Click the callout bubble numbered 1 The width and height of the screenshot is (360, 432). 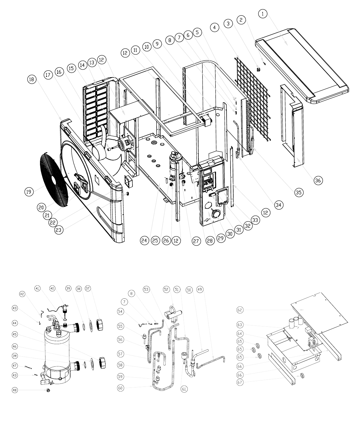263,14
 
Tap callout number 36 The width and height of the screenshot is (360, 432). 318,180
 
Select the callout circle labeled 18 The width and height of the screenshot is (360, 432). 32,79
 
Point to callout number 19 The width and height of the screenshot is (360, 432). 29,192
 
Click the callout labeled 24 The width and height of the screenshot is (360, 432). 144,240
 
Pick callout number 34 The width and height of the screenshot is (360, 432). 278,205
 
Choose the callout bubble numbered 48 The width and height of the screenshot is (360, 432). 15,390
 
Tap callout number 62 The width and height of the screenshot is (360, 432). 240,310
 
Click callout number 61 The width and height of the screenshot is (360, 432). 184,389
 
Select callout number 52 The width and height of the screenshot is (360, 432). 166,289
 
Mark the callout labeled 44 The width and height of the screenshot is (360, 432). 15,323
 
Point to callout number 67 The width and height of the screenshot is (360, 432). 240,382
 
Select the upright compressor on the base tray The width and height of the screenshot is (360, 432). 175,166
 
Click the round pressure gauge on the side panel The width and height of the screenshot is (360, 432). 216,213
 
